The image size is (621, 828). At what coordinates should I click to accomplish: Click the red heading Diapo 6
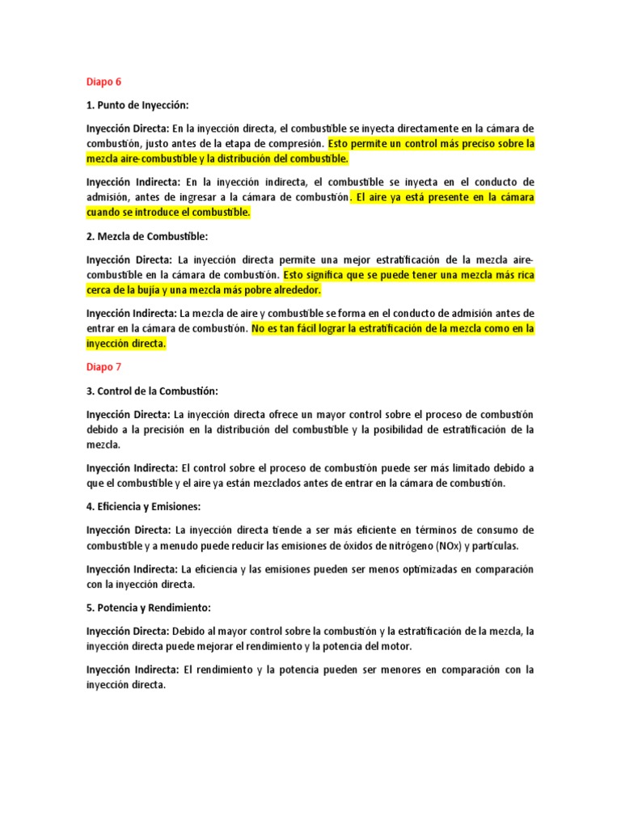pos(103,82)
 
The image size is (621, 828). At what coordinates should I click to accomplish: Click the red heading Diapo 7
pos(103,367)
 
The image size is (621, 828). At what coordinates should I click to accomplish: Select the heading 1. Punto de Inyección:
pos(142,105)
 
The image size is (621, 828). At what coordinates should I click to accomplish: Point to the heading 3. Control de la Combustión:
pos(152,391)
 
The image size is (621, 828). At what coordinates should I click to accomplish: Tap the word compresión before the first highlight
pos(292,144)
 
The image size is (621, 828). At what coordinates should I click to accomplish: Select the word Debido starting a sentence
pos(192,631)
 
